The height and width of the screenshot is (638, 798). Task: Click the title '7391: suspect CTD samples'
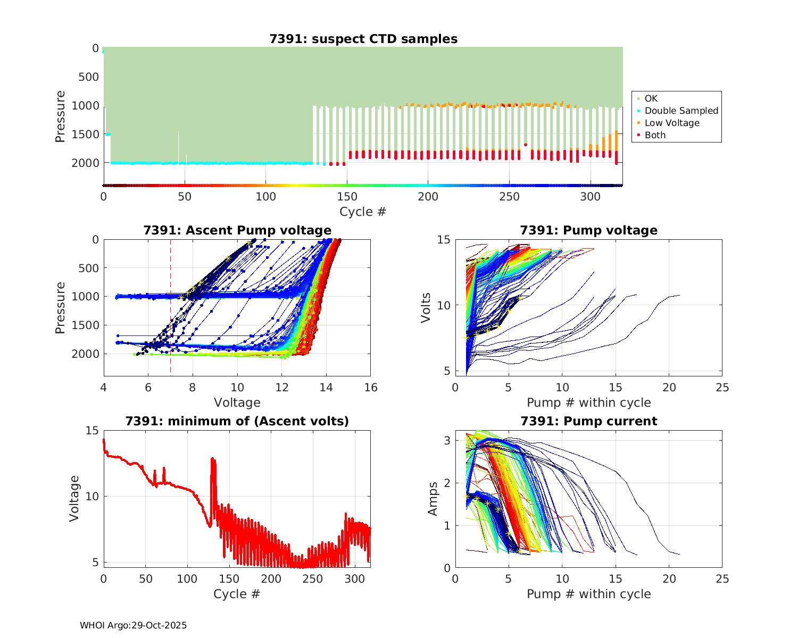point(363,39)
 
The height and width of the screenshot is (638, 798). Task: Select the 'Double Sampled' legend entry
point(681,111)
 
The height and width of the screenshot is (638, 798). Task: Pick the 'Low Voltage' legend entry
point(672,123)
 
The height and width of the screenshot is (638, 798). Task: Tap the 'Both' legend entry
point(655,135)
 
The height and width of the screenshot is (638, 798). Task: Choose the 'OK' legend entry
point(651,98)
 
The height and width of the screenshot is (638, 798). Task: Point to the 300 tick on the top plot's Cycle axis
point(590,197)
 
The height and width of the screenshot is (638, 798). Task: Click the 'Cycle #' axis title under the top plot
point(363,212)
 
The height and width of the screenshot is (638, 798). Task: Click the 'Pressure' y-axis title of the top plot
point(60,116)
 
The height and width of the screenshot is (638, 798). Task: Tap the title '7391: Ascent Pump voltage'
point(237,230)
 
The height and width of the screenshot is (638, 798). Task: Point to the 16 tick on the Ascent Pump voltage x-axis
point(371,388)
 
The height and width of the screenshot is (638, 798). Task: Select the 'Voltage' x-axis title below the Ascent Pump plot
point(237,402)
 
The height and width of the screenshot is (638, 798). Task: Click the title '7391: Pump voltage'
point(588,230)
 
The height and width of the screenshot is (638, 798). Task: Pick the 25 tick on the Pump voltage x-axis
point(722,388)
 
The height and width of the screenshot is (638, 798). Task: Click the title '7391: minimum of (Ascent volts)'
point(237,421)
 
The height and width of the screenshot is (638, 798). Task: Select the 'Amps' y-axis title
point(433,498)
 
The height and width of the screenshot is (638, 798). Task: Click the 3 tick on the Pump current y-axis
point(448,440)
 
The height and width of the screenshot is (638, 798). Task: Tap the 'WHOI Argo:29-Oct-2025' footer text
point(133,625)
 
